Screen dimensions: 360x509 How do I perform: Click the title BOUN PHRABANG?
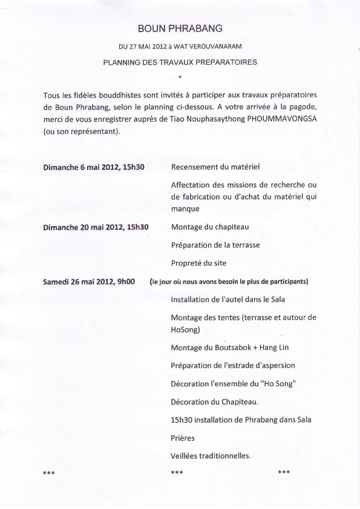pos(180,28)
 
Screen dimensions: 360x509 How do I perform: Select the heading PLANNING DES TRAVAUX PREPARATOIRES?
pos(180,62)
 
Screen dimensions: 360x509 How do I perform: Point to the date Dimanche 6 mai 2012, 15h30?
pos(90,167)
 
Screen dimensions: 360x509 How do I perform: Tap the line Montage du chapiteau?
pos(210,227)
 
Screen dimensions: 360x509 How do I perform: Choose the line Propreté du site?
pos(200,264)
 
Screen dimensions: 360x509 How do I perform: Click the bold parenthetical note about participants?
pos(229,282)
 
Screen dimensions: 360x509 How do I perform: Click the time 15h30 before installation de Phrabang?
pos(182,420)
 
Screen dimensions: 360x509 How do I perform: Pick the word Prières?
pos(183,438)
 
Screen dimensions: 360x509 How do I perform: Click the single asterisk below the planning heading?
pos(180,77)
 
